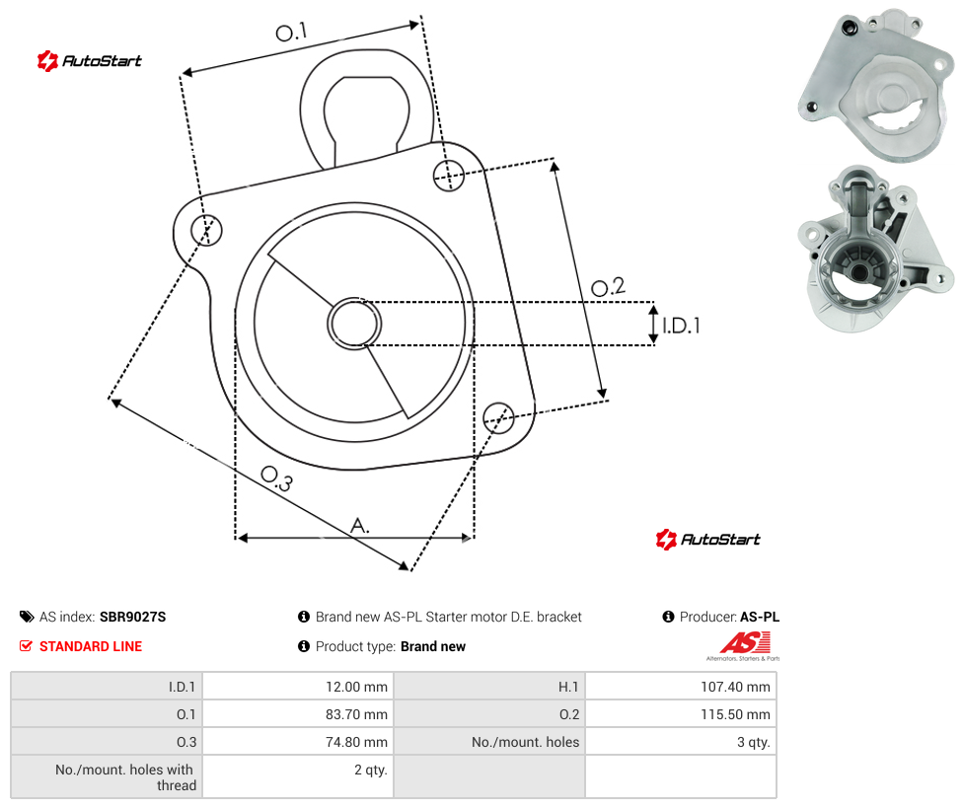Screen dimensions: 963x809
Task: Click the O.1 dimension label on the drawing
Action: click(x=291, y=32)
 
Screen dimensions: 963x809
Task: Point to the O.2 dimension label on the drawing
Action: click(x=608, y=287)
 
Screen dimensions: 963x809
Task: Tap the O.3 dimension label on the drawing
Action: click(x=277, y=478)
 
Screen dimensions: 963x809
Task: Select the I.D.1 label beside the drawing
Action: click(x=681, y=326)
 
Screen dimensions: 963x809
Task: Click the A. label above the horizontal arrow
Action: click(x=360, y=526)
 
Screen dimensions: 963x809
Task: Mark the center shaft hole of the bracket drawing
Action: click(x=354, y=324)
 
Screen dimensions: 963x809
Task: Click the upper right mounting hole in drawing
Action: click(x=449, y=175)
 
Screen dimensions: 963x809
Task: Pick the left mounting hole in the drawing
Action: click(x=206, y=230)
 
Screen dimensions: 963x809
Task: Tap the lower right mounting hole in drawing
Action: click(x=498, y=417)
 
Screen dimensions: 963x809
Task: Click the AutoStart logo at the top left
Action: click(x=90, y=61)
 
